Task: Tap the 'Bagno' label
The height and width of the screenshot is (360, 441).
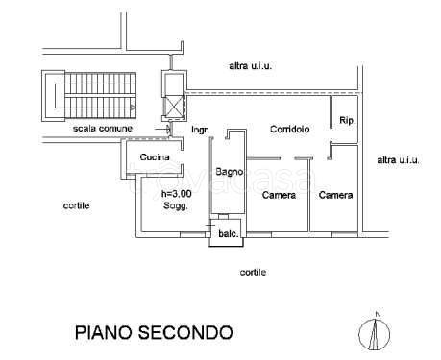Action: [x=229, y=172]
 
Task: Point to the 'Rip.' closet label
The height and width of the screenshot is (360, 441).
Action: [x=347, y=121]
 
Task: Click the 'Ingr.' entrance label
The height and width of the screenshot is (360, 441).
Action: [x=200, y=129]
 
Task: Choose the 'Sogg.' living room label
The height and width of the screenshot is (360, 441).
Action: [x=175, y=206]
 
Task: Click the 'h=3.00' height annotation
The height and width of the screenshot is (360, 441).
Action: [x=176, y=194]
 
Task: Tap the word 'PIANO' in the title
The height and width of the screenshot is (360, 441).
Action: [x=104, y=332]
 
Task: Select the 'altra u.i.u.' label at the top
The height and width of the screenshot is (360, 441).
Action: [x=252, y=65]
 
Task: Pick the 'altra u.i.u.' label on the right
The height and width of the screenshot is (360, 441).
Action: [x=399, y=159]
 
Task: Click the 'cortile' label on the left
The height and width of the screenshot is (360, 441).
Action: [x=78, y=205]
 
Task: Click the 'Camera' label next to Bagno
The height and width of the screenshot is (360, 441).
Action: [x=279, y=195]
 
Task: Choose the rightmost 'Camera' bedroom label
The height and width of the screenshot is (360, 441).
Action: [x=335, y=195]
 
